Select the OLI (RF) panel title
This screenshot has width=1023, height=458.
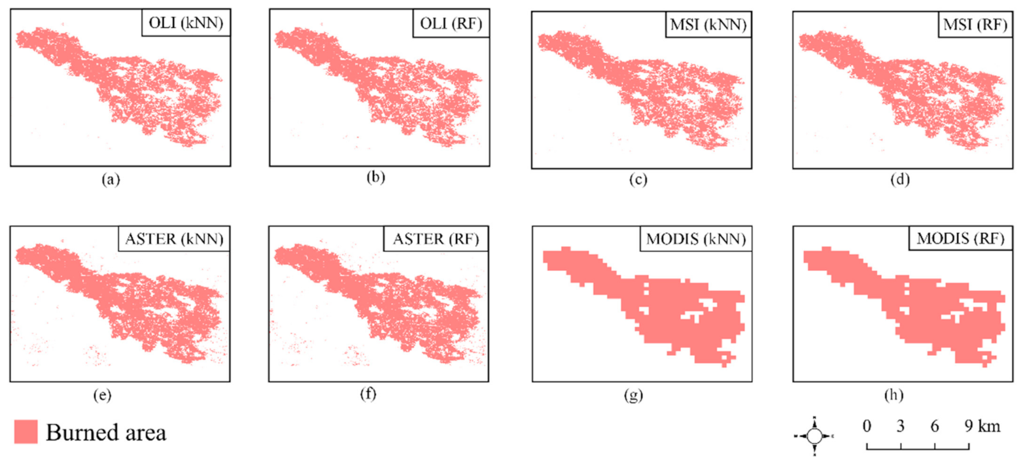point(447,26)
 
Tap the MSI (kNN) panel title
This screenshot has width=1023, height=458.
point(705,26)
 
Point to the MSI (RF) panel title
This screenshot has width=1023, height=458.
point(967,26)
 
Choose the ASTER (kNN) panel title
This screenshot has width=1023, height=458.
point(175,239)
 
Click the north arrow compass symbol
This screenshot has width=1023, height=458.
point(814,436)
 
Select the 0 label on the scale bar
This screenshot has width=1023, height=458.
point(867,427)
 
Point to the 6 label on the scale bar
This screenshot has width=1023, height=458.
point(934,427)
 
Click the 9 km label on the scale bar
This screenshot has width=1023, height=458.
point(979,427)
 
